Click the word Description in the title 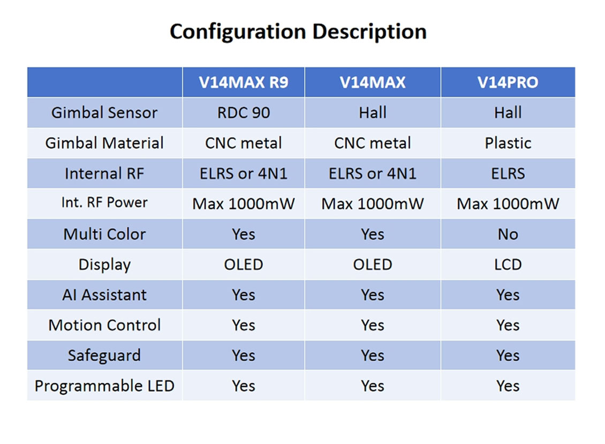click(x=369, y=32)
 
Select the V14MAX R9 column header click(x=244, y=82)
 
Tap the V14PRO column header click(x=508, y=82)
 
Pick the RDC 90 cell click(x=244, y=113)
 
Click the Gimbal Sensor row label click(x=104, y=113)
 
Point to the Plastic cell click(x=508, y=143)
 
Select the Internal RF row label click(x=104, y=174)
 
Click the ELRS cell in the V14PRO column click(x=508, y=174)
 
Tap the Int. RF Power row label click(x=104, y=203)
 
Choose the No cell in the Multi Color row click(x=508, y=234)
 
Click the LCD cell click(x=508, y=265)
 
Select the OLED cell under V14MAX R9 click(x=244, y=265)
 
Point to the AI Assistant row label click(x=104, y=295)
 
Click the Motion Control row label click(x=104, y=325)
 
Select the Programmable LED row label click(x=104, y=386)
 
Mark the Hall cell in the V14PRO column click(x=508, y=113)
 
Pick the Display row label click(x=104, y=265)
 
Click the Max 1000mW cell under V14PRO click(x=508, y=204)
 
